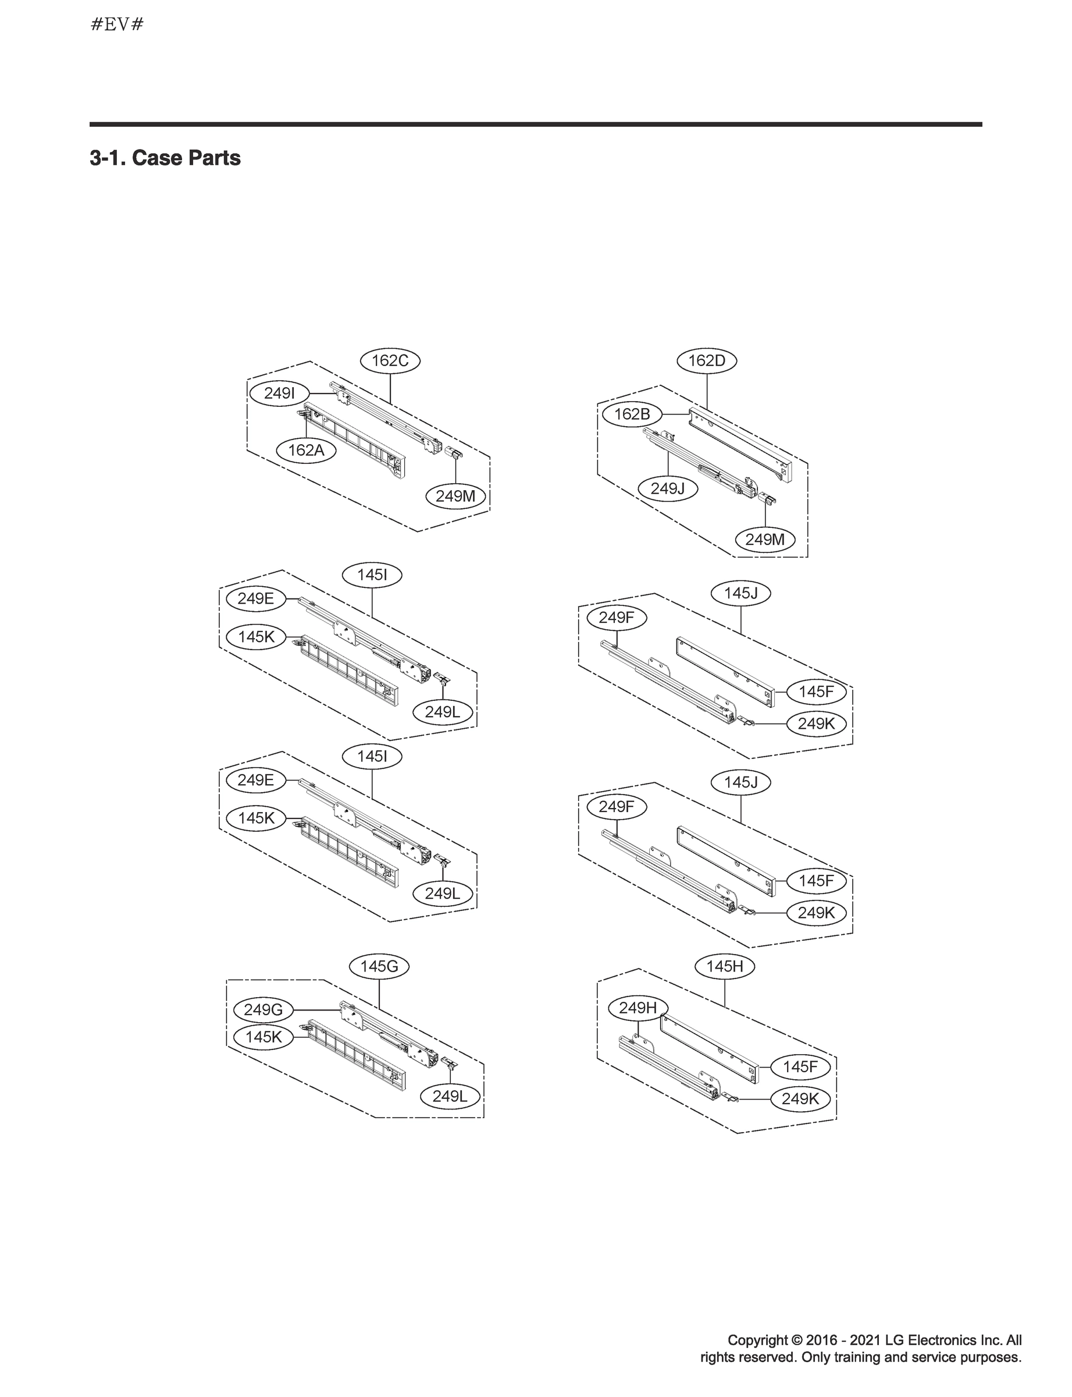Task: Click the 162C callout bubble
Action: pyautogui.click(x=390, y=361)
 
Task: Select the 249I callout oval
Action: pyautogui.click(x=279, y=393)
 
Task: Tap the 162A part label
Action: pyautogui.click(x=307, y=450)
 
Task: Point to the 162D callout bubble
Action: pyautogui.click(x=706, y=361)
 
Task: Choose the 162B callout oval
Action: pyautogui.click(x=632, y=414)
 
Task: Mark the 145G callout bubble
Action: pyautogui.click(x=379, y=966)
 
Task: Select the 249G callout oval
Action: pyautogui.click(x=263, y=1009)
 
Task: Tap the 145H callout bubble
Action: pyautogui.click(x=724, y=966)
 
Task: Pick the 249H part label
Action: pyautogui.click(x=637, y=1008)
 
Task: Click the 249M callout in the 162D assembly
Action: pyautogui.click(x=764, y=540)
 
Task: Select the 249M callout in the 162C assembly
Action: pyautogui.click(x=455, y=496)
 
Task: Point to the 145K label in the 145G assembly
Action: pyautogui.click(x=263, y=1037)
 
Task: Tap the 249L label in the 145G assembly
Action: pyautogui.click(x=450, y=1096)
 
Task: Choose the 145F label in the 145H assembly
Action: pyautogui.click(x=800, y=1066)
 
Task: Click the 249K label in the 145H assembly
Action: pyautogui.click(x=800, y=1099)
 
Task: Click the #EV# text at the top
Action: pyautogui.click(x=117, y=25)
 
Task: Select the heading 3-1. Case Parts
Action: pyautogui.click(x=165, y=158)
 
